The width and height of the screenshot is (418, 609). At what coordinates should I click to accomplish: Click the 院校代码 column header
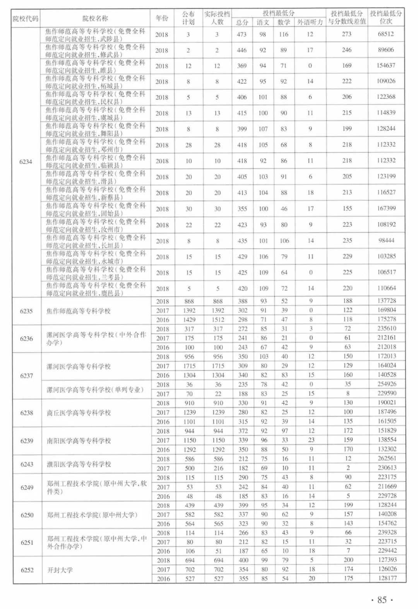[x=26, y=18]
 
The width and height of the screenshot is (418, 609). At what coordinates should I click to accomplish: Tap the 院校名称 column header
[x=95, y=18]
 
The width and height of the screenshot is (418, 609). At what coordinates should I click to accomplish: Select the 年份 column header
[x=162, y=18]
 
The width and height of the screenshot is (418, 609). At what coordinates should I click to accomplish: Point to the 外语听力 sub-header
[x=310, y=22]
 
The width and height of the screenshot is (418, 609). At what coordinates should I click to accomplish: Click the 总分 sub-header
[x=242, y=22]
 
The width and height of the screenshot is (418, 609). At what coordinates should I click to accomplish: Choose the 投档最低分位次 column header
[x=386, y=17]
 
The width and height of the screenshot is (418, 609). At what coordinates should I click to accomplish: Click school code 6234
[x=26, y=161]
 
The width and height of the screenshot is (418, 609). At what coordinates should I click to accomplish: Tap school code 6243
[x=26, y=464]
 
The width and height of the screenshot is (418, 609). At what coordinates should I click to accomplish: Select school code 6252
[x=26, y=570]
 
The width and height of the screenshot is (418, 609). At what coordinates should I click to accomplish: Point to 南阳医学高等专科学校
[x=79, y=441]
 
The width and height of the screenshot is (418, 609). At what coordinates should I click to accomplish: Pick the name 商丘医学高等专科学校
[x=79, y=413]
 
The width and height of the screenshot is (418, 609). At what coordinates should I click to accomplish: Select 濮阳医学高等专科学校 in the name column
[x=79, y=464]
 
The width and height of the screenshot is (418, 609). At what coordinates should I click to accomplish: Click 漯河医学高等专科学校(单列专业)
[x=95, y=389]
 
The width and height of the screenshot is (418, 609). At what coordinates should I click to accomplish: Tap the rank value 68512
[x=386, y=34]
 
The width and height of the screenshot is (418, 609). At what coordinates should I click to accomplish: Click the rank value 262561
[x=387, y=458]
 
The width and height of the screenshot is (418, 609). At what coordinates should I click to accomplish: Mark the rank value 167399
[x=386, y=208]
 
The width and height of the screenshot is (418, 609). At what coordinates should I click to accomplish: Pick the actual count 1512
[x=218, y=320]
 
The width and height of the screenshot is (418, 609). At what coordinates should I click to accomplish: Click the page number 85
[x=382, y=600]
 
